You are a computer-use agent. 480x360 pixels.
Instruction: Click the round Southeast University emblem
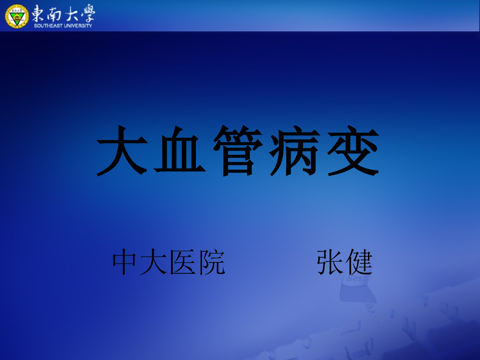pos(17,15)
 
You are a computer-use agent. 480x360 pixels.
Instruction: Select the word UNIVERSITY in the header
pos(78,25)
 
